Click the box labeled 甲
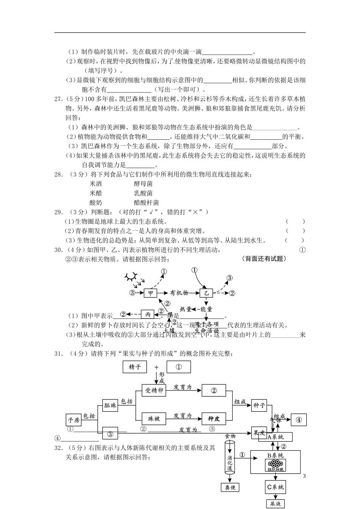[150, 293]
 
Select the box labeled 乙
[206, 293]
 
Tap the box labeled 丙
[147, 314]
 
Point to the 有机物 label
[179, 293]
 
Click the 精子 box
[135, 367]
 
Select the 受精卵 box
[154, 390]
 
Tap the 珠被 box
[154, 418]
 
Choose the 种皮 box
[214, 418]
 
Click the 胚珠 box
[110, 405]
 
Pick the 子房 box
[74, 420]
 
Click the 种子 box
[259, 405]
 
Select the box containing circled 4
[299, 420]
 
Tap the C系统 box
[275, 487]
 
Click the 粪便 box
[230, 488]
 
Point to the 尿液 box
[275, 504]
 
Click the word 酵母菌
[143, 184]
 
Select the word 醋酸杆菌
[146, 203]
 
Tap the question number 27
[58, 99]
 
